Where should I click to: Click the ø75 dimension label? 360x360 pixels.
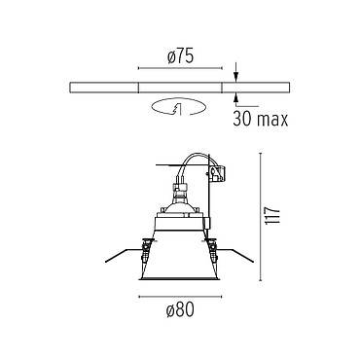point(180,56)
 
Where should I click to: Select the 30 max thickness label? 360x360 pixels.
point(261,120)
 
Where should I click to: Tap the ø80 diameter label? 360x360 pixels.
point(180,310)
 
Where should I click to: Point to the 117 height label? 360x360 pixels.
point(272,215)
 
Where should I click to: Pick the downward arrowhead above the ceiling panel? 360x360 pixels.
point(236,77)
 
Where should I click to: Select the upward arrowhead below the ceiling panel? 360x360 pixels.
point(236,98)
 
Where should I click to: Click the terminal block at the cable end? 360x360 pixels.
point(218,173)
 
